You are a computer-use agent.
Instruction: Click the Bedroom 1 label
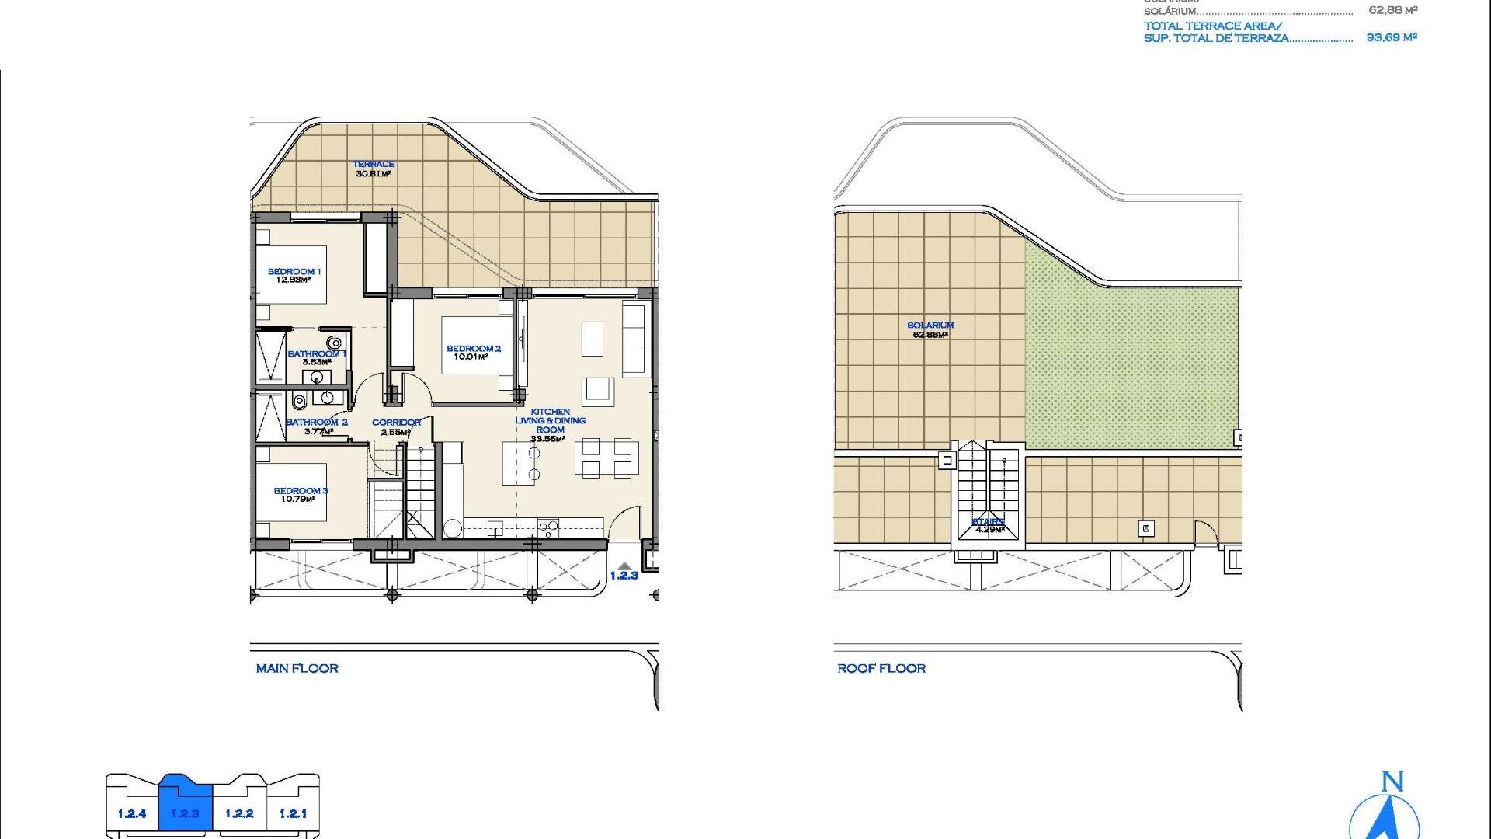(294, 271)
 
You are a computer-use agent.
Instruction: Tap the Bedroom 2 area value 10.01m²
(471, 357)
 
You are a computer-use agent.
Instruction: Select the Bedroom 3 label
(301, 490)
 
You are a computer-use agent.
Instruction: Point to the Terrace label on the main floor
(374, 164)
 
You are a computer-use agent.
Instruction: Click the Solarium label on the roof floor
(930, 325)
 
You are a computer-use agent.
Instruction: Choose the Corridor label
(396, 423)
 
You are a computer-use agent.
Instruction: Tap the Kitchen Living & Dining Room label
(551, 420)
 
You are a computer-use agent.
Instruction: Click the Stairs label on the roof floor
(988, 521)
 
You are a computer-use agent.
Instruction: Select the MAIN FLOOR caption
(297, 668)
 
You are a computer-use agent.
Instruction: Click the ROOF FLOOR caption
(881, 668)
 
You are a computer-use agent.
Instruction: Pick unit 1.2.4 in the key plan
(132, 813)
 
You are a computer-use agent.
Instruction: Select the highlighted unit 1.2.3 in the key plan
(185, 813)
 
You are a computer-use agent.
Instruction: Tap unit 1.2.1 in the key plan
(293, 813)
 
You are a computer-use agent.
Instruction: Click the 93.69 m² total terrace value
(1392, 37)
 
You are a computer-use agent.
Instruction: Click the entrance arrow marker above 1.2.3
(623, 566)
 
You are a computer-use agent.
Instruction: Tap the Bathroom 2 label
(316, 423)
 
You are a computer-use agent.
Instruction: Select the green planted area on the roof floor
(1130, 365)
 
